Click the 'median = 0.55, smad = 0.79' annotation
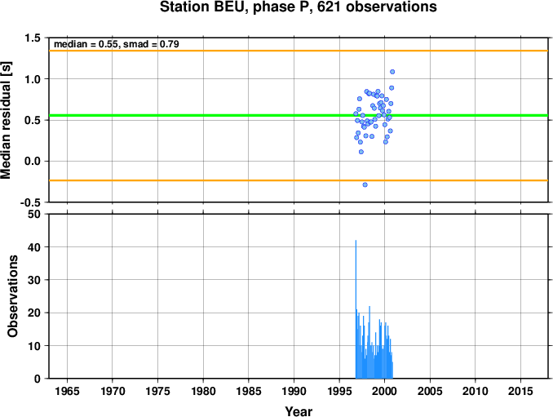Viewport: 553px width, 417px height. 117,44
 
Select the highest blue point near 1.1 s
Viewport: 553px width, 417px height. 392,72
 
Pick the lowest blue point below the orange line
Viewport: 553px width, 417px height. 365,184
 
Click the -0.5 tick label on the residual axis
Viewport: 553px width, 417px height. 30,202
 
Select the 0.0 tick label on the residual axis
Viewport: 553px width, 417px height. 33,162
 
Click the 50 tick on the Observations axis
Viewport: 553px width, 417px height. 34,214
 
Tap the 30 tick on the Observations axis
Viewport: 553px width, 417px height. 34,280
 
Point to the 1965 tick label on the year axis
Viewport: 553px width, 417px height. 67,391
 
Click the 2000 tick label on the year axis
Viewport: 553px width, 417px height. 384,391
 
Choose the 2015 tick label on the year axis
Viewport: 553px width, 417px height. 520,391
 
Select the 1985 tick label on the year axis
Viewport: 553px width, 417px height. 249,391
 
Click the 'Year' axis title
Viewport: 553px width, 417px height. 299,411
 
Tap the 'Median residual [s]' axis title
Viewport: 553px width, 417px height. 7,120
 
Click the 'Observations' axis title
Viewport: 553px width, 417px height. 13,296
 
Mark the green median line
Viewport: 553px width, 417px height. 299,115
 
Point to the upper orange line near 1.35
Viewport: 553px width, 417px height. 299,51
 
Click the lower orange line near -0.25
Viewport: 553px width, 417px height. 299,180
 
